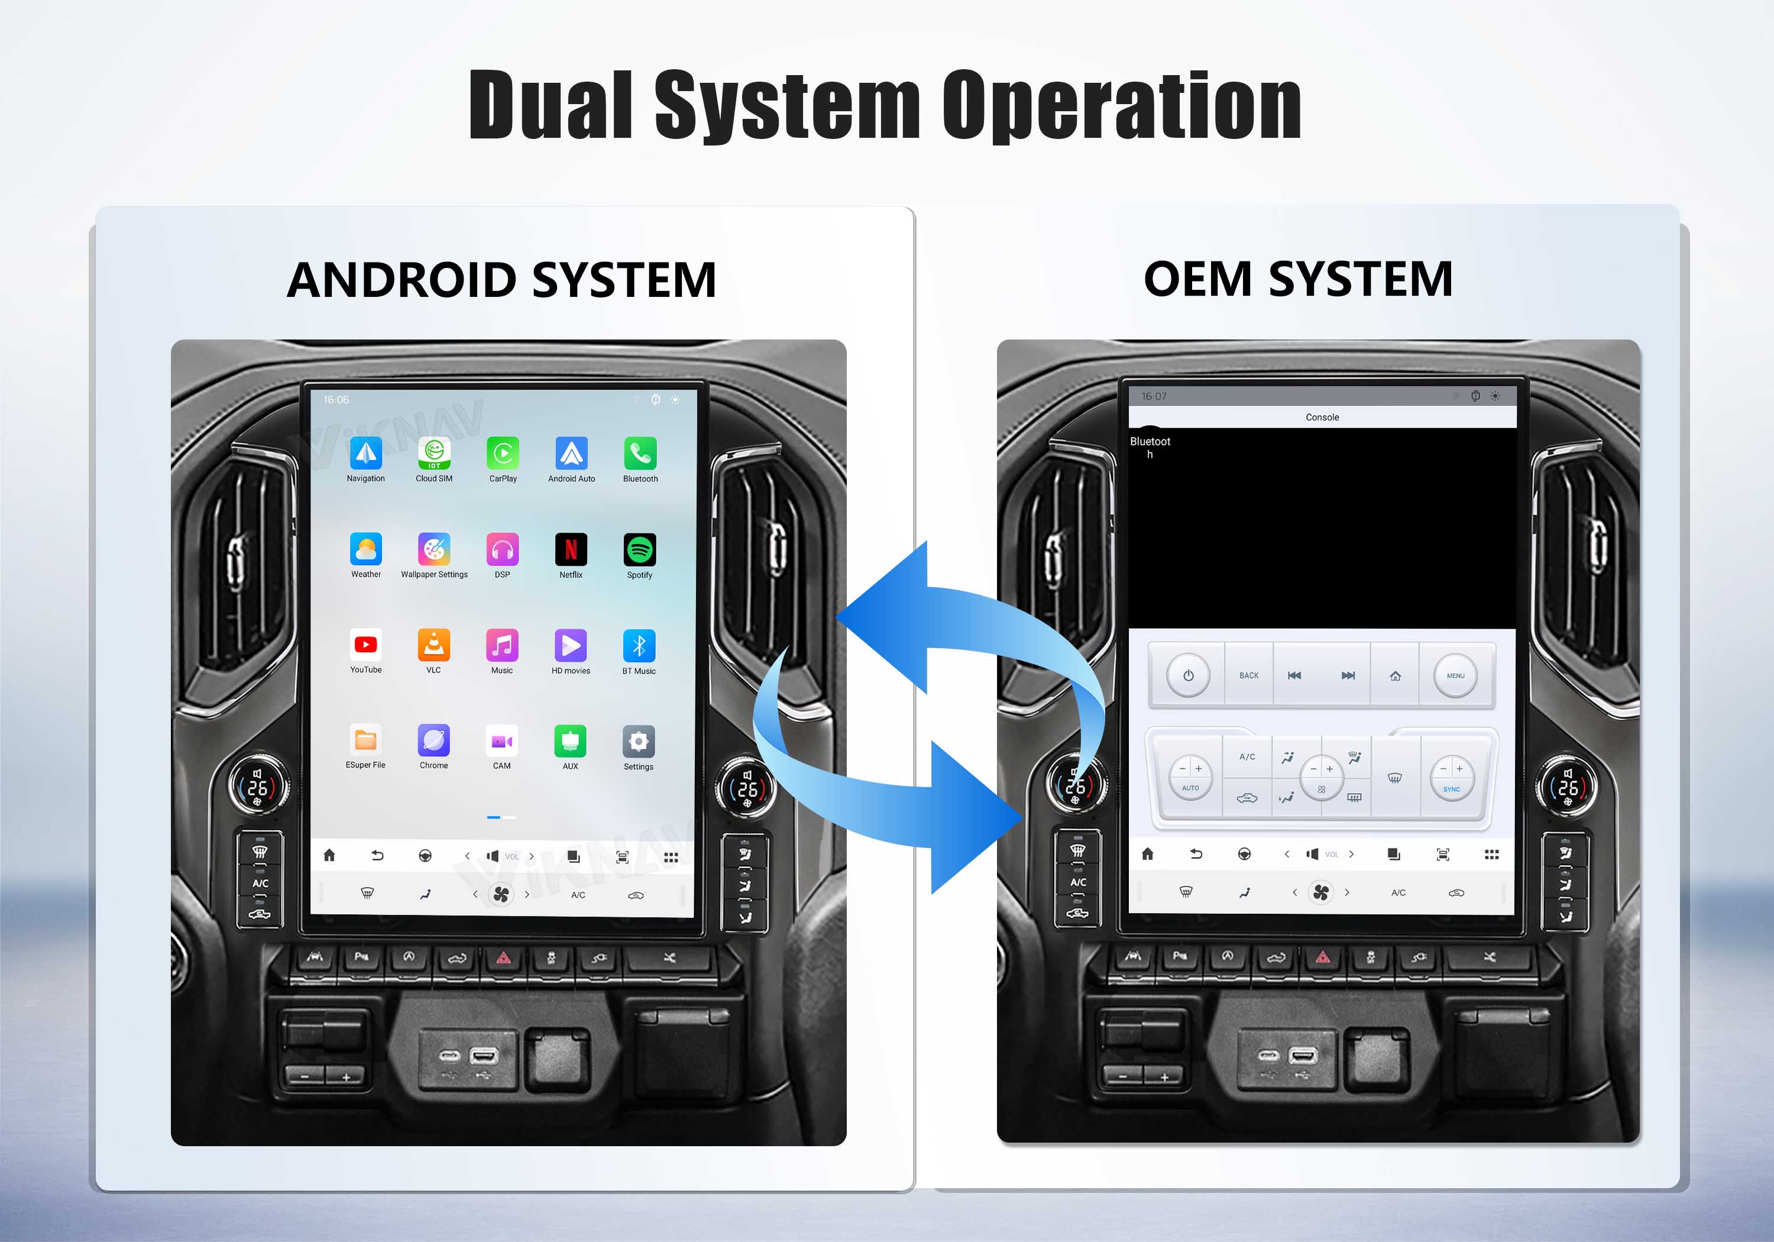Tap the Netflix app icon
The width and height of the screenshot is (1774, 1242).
571,549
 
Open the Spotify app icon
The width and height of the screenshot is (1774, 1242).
640,549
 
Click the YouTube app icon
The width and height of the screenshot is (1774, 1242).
365,645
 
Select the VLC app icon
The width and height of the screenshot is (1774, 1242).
433,645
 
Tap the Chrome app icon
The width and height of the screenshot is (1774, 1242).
433,740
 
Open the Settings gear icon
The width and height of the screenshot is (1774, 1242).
638,741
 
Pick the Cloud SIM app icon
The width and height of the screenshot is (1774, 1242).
434,453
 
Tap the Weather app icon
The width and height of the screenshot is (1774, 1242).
365,549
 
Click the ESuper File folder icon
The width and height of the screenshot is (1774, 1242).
365,740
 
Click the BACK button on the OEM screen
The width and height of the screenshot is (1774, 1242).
1248,675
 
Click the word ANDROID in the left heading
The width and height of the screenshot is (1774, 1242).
402,280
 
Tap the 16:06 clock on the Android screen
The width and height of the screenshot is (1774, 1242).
336,400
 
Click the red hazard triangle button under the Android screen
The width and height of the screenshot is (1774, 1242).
504,958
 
